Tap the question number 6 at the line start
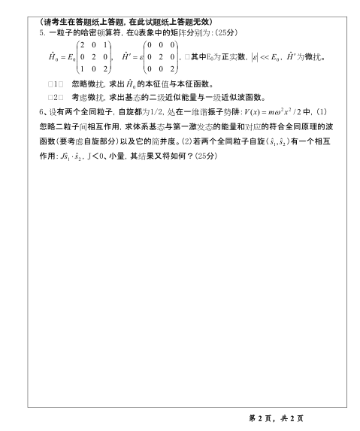coord(41,112)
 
